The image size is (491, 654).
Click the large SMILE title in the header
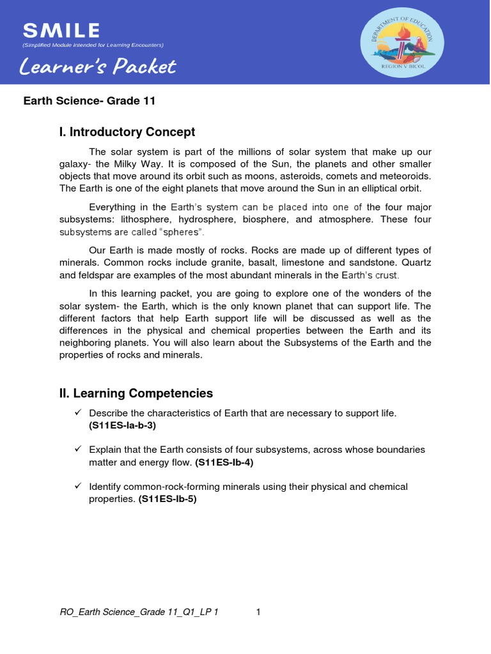click(61, 30)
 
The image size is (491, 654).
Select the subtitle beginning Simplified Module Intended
click(93, 45)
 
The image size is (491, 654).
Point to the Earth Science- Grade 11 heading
click(90, 101)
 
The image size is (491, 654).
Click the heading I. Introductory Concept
click(127, 132)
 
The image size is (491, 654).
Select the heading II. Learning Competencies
click(136, 393)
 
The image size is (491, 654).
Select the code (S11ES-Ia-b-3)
click(121, 425)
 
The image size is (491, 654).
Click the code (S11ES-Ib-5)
click(168, 499)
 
